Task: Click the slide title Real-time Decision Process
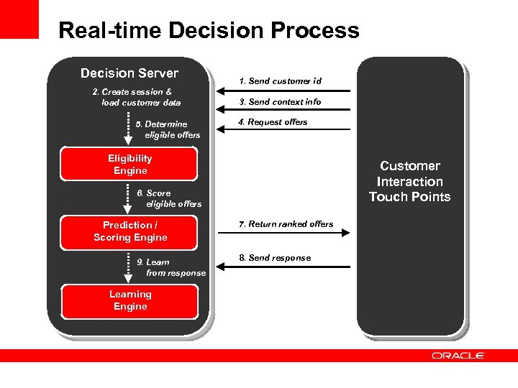(x=209, y=30)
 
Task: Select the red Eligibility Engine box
(x=129, y=165)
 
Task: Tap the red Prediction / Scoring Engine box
(x=129, y=231)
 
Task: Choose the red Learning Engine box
(x=129, y=300)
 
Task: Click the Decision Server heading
(x=129, y=73)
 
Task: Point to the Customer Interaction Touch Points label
(x=409, y=182)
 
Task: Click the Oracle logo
(x=458, y=356)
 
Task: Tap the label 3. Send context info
(x=281, y=102)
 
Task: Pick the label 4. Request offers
(x=273, y=122)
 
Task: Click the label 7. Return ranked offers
(x=286, y=224)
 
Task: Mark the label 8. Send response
(x=275, y=258)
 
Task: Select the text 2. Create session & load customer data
(x=137, y=97)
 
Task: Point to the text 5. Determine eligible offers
(x=168, y=129)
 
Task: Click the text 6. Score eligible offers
(x=168, y=198)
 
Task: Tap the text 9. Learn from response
(x=171, y=267)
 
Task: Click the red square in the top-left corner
(x=19, y=19)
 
